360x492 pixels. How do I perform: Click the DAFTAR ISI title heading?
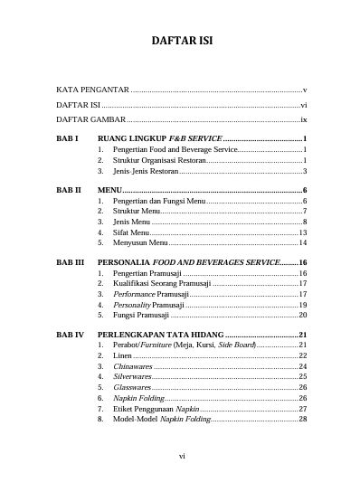(180, 43)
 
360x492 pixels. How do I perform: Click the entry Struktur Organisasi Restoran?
(160, 159)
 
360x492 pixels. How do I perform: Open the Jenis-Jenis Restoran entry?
(146, 170)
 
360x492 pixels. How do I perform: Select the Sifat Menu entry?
(131, 232)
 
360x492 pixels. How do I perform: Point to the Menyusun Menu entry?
(139, 242)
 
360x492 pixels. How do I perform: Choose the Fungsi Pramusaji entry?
(142, 315)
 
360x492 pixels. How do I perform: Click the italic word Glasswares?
(132, 387)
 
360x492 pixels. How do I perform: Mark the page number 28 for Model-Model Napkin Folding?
(303, 419)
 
